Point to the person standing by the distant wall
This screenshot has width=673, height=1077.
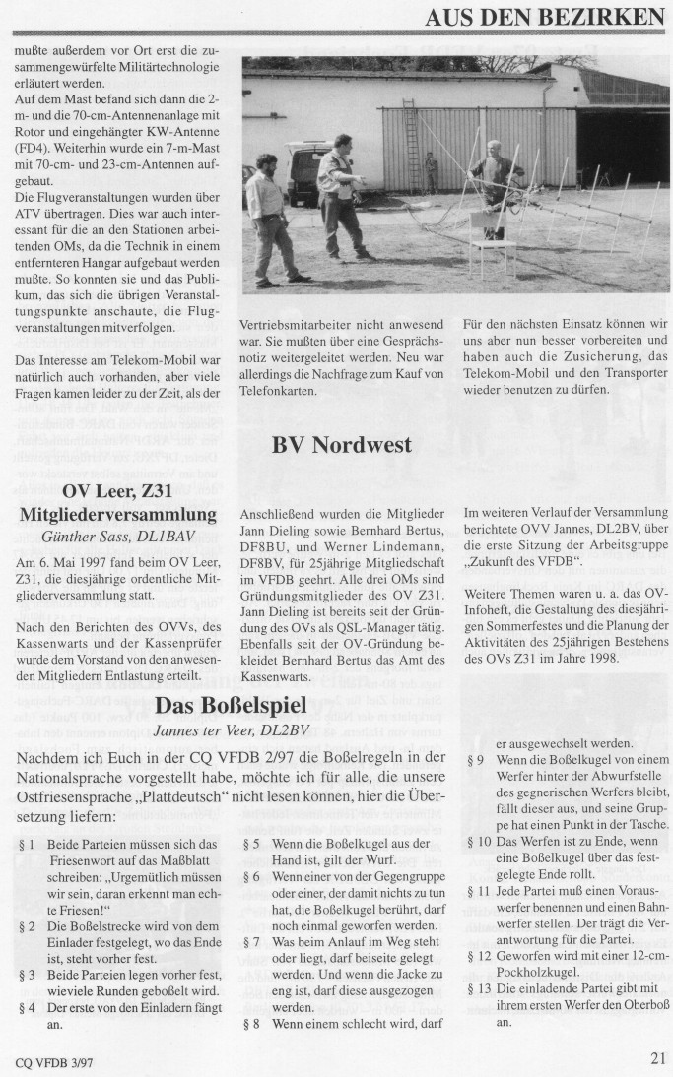[431, 172]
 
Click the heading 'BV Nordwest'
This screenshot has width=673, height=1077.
[341, 445]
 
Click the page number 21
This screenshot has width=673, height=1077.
[658, 1058]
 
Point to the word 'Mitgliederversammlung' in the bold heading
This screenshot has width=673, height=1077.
[118, 514]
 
